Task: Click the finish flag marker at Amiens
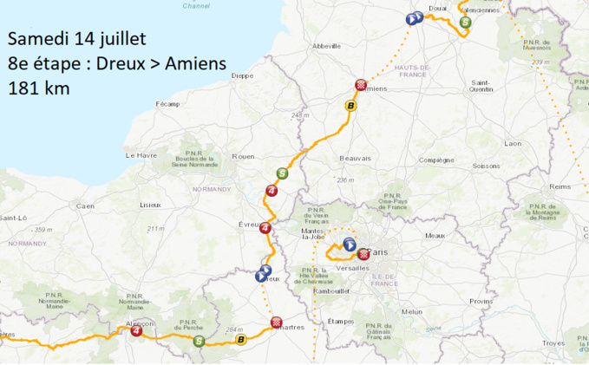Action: (360, 85)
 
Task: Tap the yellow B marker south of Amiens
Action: (350, 106)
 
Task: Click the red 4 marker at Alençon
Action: (136, 329)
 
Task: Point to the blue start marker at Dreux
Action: (263, 275)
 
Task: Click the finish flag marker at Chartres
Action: (276, 323)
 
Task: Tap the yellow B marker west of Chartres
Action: (242, 339)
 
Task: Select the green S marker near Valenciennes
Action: (466, 23)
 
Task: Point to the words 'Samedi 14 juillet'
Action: (70, 39)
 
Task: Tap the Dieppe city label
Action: (242, 75)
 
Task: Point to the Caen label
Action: (85, 205)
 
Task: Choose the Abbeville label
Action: (327, 45)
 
